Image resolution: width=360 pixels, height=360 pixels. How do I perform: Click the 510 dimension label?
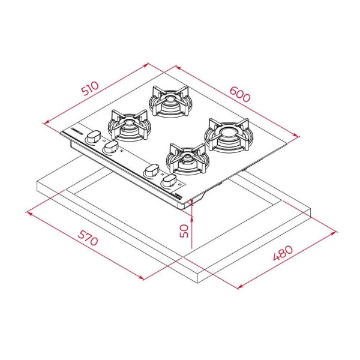91,88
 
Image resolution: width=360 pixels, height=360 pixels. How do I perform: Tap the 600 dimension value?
239,94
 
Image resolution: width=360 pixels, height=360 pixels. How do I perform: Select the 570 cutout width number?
88,238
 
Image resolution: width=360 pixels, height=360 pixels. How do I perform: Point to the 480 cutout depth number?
283,253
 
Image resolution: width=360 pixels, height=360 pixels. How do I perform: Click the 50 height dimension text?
184,231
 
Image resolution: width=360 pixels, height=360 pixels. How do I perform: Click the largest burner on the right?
229,135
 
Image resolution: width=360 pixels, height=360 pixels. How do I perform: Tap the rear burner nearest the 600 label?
169,101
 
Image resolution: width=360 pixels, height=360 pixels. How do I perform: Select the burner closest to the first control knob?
128,125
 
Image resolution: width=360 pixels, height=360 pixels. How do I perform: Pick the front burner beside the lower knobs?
188,159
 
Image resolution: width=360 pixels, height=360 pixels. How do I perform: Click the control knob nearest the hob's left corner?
93,137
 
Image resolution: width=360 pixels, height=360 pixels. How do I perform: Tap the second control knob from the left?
110,147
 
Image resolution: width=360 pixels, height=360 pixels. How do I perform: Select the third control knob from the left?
151,170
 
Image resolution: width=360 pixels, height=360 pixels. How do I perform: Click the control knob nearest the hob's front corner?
169,181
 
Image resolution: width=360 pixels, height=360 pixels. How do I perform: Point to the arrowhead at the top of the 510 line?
146,65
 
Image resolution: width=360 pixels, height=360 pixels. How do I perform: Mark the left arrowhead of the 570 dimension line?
29,213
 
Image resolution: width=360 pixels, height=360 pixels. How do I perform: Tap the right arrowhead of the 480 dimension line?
334,233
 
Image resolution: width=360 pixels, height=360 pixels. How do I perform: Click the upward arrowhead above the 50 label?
192,219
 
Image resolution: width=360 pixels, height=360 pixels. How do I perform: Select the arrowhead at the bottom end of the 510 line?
46,122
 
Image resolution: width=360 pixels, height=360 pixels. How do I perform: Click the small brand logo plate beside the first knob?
77,131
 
